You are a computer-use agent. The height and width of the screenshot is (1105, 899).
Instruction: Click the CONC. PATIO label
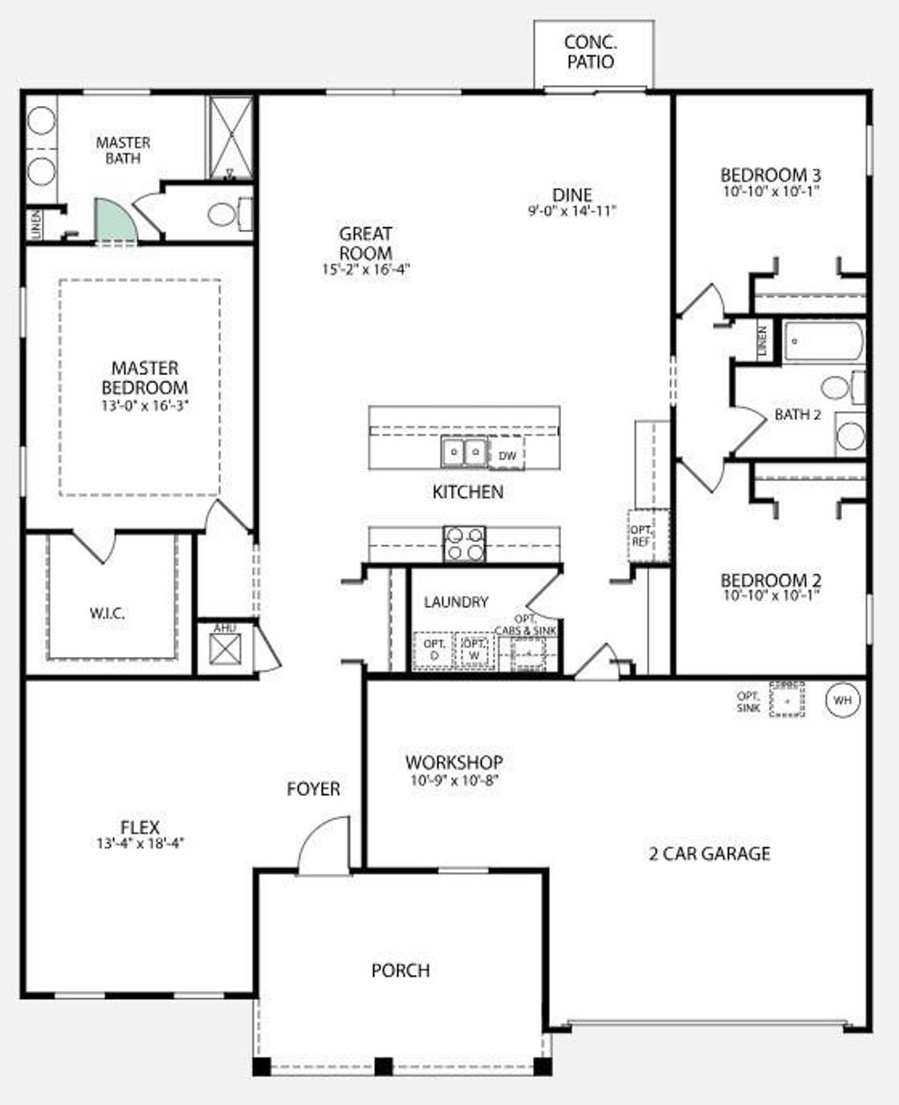click(x=590, y=52)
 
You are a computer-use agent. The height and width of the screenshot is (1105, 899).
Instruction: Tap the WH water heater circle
click(x=843, y=700)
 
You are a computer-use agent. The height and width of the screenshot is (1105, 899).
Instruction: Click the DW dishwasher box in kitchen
click(x=507, y=455)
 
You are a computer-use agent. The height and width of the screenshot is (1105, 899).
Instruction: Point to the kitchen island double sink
click(x=464, y=451)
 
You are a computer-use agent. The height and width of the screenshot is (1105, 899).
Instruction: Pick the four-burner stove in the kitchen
click(x=464, y=543)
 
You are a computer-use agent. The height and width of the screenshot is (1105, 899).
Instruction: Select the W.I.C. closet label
click(x=107, y=613)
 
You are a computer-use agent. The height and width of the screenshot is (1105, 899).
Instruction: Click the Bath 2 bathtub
click(x=823, y=342)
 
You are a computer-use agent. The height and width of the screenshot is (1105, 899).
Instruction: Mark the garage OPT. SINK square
click(x=788, y=700)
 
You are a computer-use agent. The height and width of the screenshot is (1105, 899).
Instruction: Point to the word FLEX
click(x=140, y=827)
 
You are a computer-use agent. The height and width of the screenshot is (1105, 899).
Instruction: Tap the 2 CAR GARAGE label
click(x=709, y=853)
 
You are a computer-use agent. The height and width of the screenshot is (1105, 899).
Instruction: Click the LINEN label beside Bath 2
click(x=762, y=341)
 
